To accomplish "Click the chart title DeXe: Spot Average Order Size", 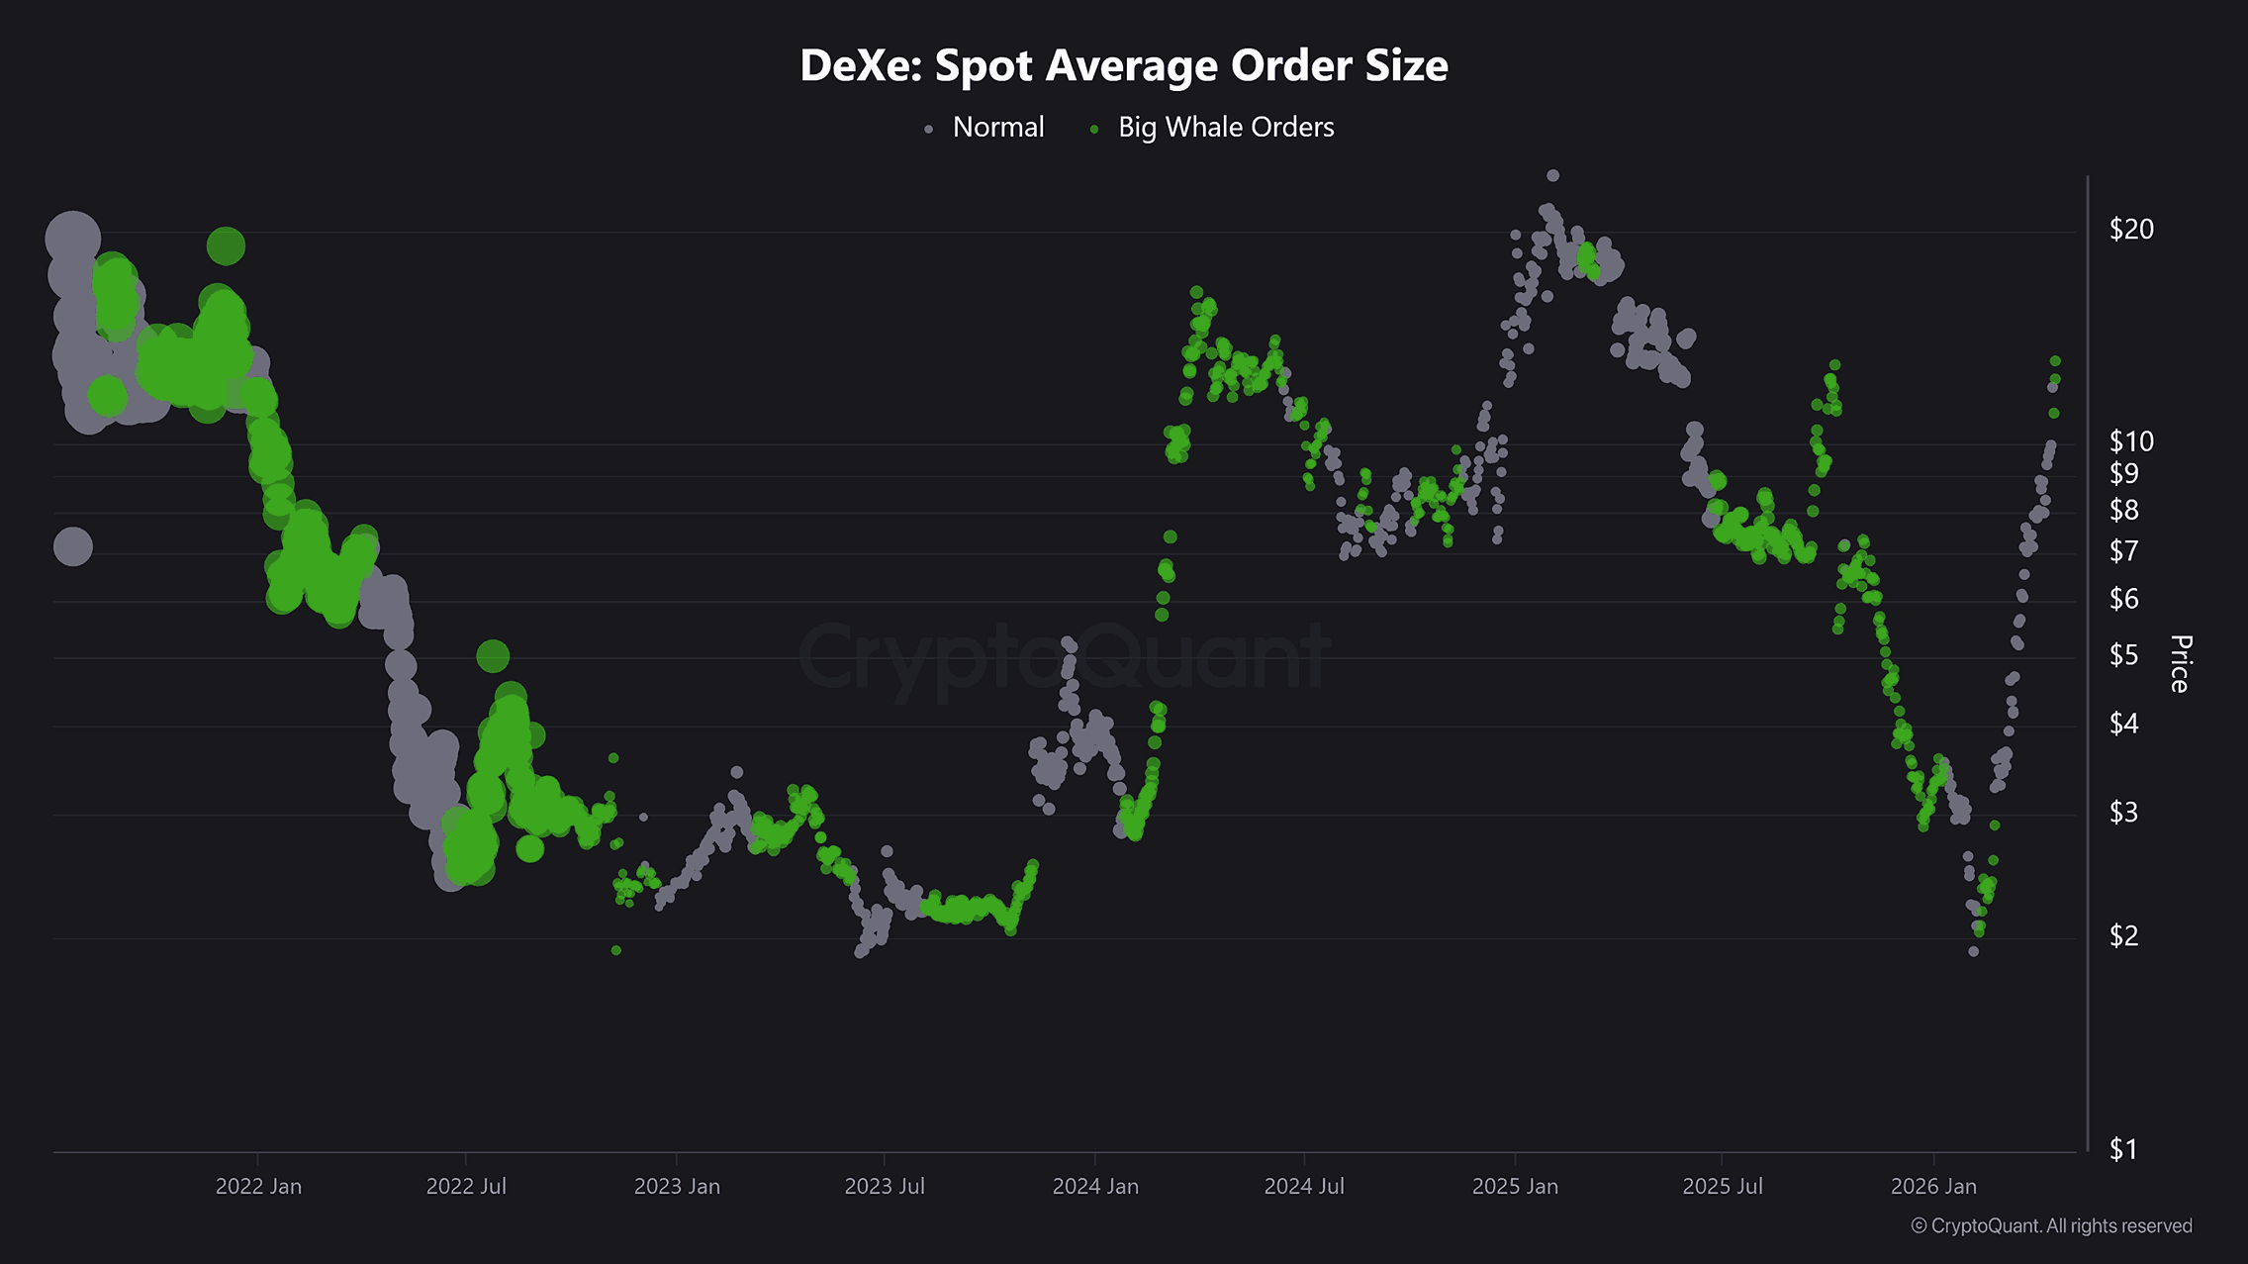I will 1123,66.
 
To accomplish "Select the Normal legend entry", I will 997,128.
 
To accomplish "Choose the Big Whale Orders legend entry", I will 1225,128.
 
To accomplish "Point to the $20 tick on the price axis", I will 2130,230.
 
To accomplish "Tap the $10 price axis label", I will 2130,441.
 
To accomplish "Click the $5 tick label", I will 2123,655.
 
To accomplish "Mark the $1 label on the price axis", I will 2123,1149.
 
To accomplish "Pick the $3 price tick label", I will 2123,813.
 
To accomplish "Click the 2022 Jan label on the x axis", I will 258,1186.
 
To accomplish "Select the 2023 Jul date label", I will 885,1186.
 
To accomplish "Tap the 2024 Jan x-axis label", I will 1095,1186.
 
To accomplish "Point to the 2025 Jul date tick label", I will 1723,1186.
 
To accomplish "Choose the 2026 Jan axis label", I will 1933,1186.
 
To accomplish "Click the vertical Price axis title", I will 2180,663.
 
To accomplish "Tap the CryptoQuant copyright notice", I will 2051,1225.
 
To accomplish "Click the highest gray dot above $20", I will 1552,175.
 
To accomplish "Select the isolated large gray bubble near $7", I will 72,546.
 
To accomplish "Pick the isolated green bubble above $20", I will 226,246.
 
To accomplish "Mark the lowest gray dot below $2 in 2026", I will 1973,951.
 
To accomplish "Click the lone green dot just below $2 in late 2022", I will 616,950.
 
